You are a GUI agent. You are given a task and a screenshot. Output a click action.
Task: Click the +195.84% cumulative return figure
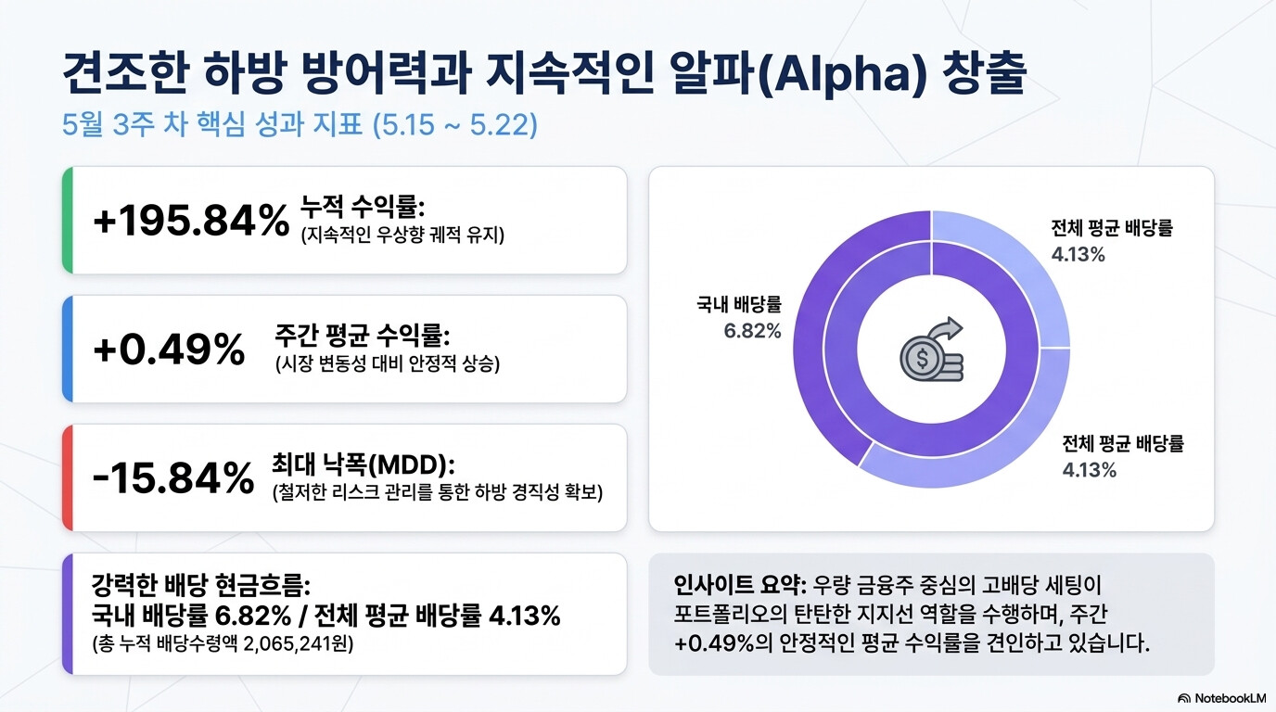(x=191, y=221)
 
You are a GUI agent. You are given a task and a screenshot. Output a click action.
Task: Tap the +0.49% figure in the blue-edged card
(x=169, y=350)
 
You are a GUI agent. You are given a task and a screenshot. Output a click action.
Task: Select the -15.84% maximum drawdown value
(x=173, y=477)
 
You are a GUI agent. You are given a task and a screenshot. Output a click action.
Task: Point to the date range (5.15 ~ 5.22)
(x=454, y=124)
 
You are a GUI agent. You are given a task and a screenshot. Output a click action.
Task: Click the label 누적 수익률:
(x=363, y=206)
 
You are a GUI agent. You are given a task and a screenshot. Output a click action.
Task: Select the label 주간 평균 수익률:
(x=363, y=335)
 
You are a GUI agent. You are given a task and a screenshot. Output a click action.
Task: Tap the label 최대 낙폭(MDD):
(x=364, y=464)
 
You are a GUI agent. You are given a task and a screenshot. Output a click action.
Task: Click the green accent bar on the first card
(x=68, y=221)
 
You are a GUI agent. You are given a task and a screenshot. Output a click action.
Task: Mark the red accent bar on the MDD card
(x=68, y=477)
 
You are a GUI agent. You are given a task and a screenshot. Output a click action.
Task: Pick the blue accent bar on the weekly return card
(x=68, y=350)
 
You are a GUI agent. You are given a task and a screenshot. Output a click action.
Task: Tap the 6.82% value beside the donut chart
(x=752, y=331)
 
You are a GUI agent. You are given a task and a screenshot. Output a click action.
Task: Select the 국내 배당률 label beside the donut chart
(x=739, y=304)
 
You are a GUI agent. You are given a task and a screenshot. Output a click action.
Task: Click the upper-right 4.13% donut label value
(x=1078, y=255)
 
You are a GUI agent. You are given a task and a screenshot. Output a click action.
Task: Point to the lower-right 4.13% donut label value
(x=1090, y=470)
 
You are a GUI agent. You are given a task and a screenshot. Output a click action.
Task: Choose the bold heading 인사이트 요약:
(x=739, y=585)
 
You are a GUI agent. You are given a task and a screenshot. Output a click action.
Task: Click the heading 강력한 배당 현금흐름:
(x=201, y=585)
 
